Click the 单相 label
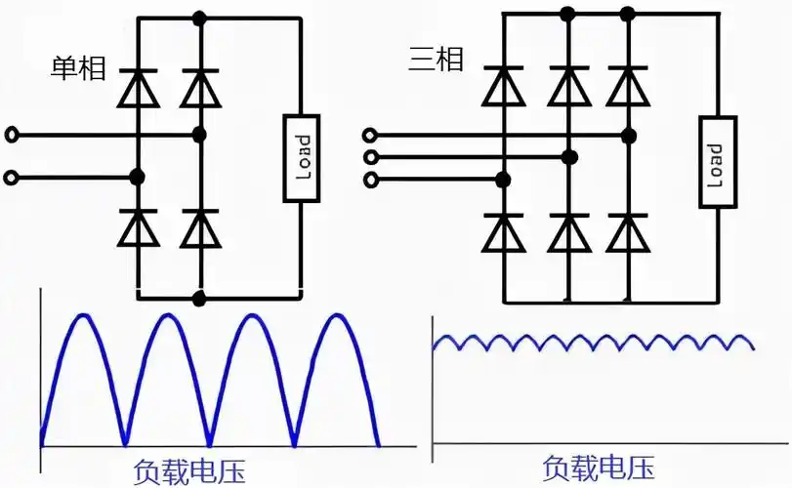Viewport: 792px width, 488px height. (x=78, y=69)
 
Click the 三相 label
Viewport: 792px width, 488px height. (x=436, y=61)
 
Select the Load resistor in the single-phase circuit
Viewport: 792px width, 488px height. (x=302, y=158)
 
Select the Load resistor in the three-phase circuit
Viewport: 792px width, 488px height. (x=716, y=161)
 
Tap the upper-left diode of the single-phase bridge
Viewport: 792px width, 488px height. (x=138, y=89)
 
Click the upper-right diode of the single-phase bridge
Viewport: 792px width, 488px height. (x=200, y=89)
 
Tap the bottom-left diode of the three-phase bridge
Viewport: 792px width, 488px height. (x=504, y=232)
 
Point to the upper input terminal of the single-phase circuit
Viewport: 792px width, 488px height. (x=11, y=135)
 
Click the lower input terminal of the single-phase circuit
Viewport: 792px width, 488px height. (x=11, y=178)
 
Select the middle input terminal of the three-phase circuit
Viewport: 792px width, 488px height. (x=369, y=157)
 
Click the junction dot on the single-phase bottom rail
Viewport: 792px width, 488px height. (x=200, y=297)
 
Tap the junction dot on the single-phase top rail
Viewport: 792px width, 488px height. (x=200, y=18)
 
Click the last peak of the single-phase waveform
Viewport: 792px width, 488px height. (x=335, y=315)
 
